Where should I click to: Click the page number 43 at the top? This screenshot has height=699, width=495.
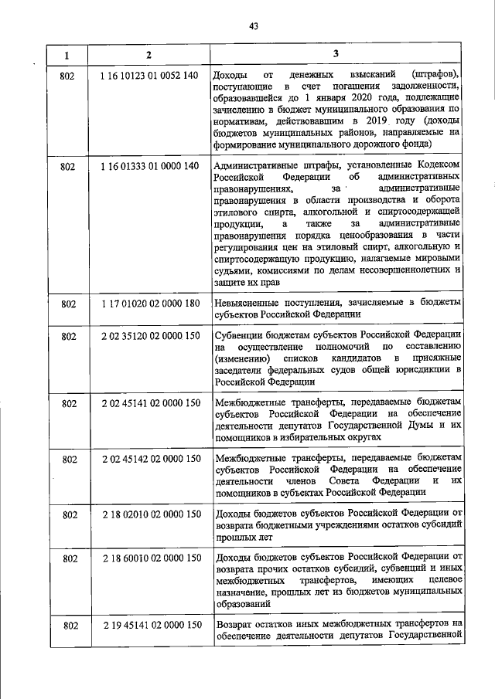tap(253, 25)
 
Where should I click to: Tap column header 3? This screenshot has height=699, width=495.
tap(336, 53)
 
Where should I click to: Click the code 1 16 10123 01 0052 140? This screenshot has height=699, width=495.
tap(150, 75)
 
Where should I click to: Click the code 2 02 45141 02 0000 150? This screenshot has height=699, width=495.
tap(150, 403)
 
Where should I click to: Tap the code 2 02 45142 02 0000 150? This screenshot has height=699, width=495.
tap(150, 459)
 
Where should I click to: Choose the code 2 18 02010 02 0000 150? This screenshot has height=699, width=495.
tap(150, 514)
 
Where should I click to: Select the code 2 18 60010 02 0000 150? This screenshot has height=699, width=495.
tap(150, 558)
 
